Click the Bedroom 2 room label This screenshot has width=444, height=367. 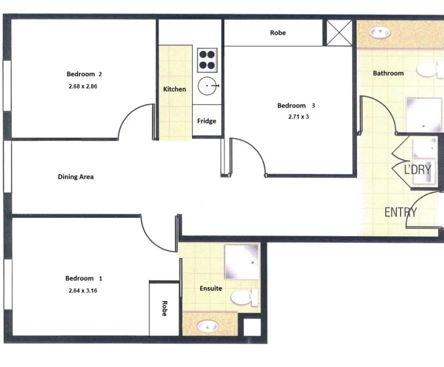(x=84, y=74)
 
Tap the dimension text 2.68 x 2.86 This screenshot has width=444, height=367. (x=84, y=85)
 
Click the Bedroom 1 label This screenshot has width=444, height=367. (x=83, y=278)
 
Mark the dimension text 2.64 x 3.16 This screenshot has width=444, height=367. (x=83, y=291)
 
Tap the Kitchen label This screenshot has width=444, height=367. (x=174, y=89)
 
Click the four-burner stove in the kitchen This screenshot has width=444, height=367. (x=207, y=60)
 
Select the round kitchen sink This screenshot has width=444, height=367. (x=207, y=86)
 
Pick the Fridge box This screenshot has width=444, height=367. (x=206, y=121)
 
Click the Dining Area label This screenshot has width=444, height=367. (x=76, y=177)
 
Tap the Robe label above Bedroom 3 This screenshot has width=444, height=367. (x=278, y=33)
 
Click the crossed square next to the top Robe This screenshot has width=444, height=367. (x=339, y=33)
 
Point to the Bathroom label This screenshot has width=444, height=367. (x=388, y=73)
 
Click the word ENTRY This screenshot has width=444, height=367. (x=401, y=212)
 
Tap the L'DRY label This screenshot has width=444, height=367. (x=417, y=170)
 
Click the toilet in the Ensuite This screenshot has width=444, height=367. (x=248, y=297)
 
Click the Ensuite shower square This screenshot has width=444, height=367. (x=241, y=261)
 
